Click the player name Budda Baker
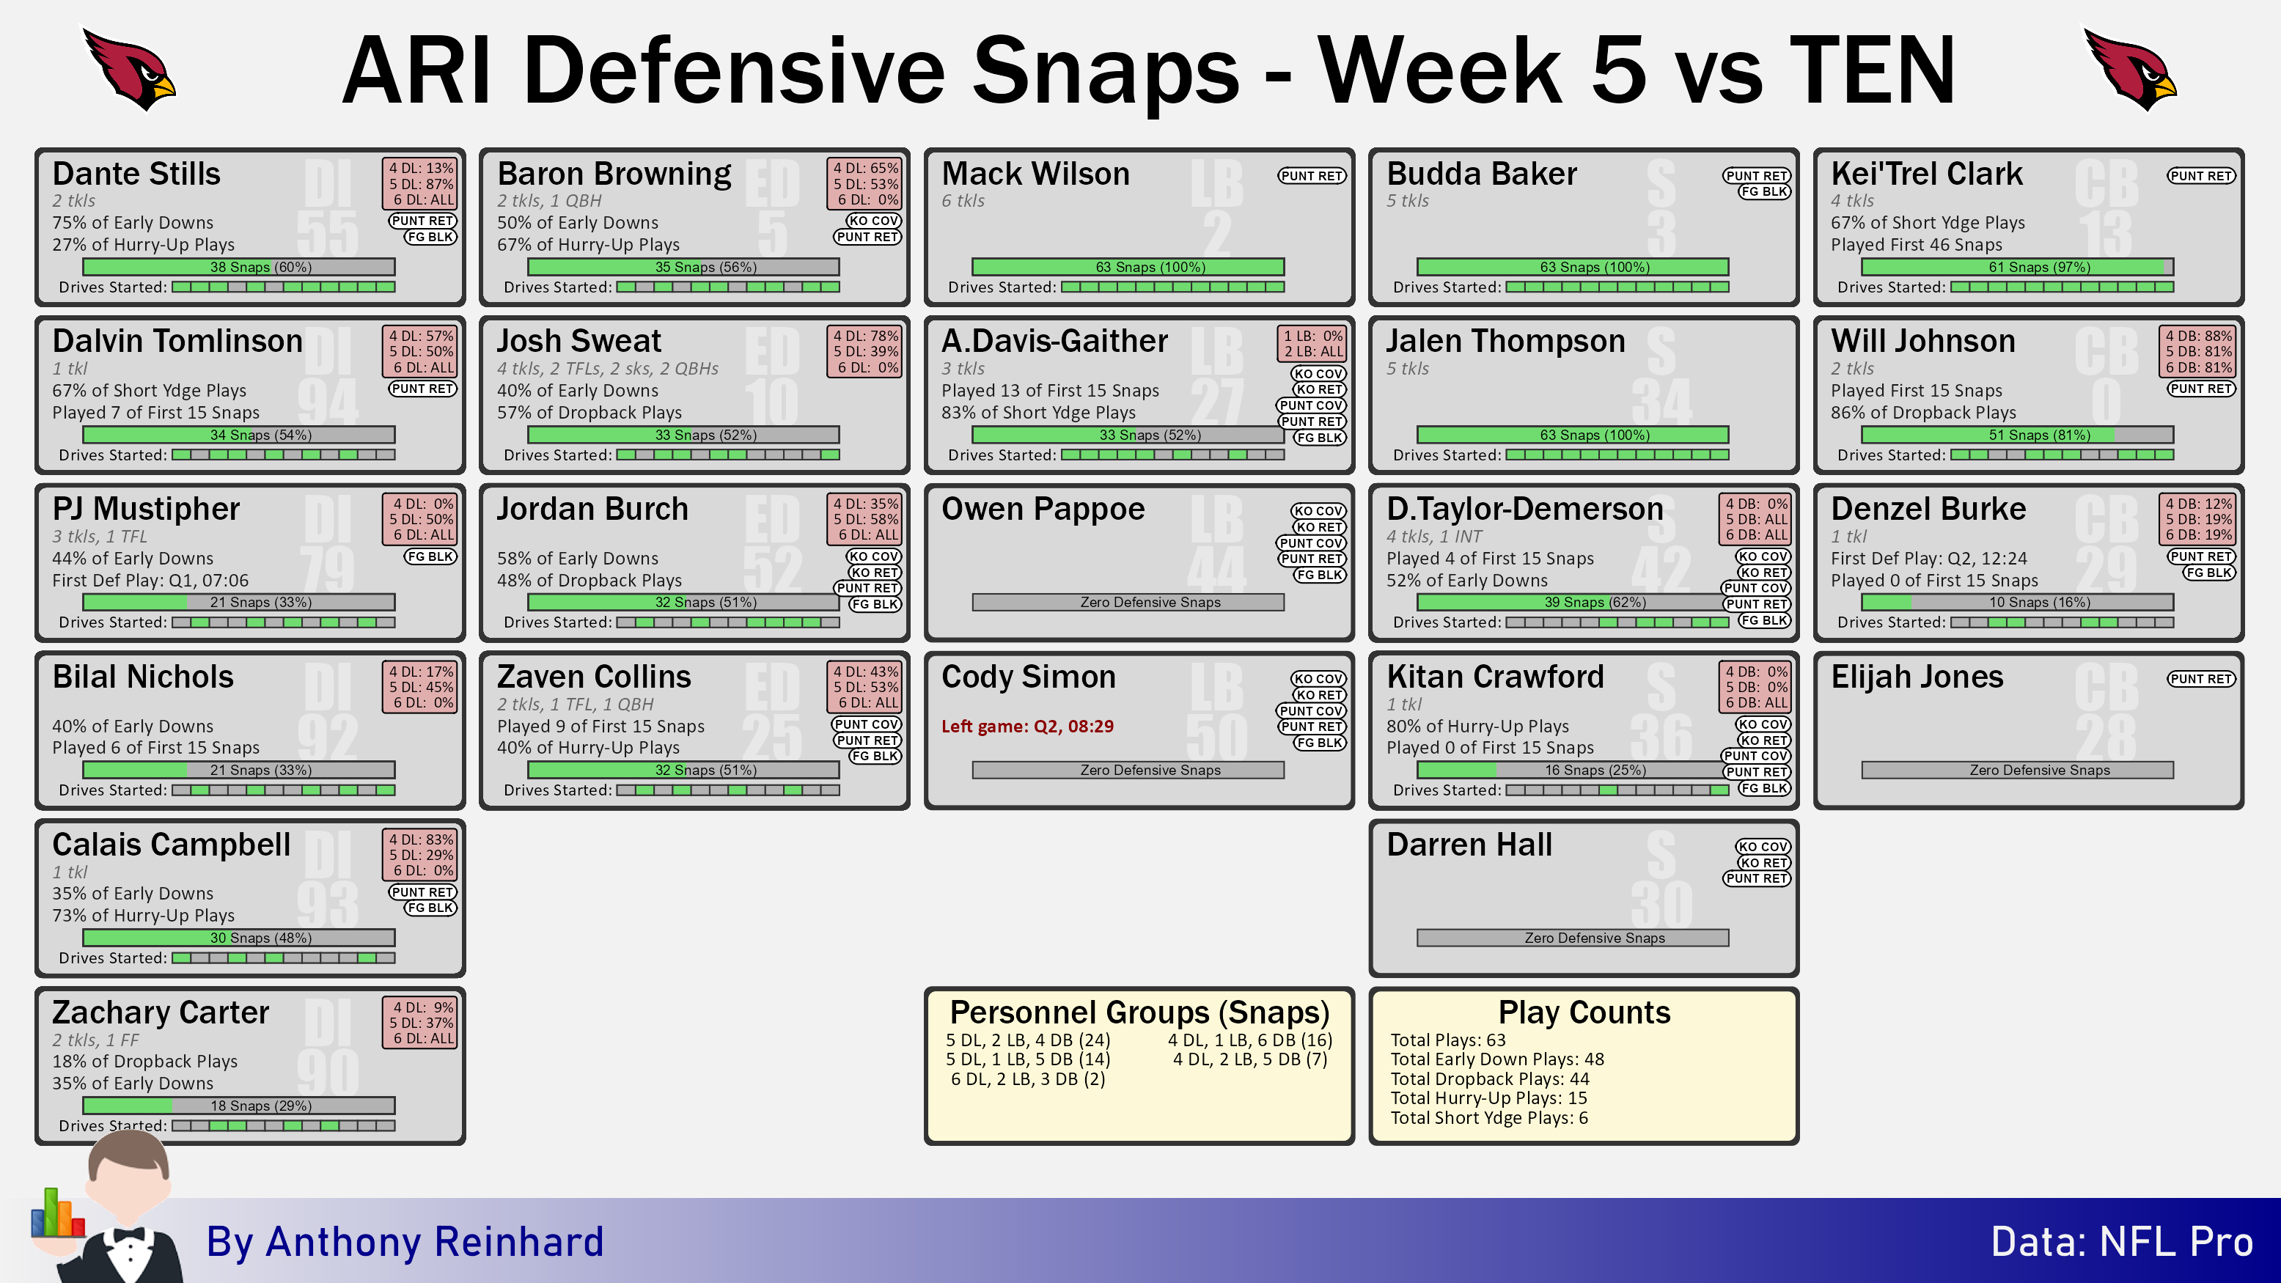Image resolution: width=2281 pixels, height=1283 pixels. pyautogui.click(x=1481, y=174)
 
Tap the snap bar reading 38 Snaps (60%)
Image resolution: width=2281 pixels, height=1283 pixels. pyautogui.click(x=239, y=267)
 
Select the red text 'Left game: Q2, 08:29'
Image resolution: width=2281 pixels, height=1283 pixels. pyautogui.click(x=1027, y=726)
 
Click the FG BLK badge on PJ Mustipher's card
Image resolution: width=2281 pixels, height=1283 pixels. pyautogui.click(x=430, y=556)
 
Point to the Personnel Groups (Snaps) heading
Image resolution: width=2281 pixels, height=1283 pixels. pyautogui.click(x=1139, y=1012)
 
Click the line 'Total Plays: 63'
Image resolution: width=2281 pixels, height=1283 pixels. pyautogui.click(x=1448, y=1040)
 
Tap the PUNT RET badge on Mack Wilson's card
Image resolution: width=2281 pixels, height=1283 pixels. pyautogui.click(x=1312, y=176)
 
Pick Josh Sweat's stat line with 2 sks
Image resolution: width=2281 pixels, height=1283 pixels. pyautogui.click(x=607, y=368)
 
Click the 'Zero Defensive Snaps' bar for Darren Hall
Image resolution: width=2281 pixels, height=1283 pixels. pyautogui.click(x=1573, y=938)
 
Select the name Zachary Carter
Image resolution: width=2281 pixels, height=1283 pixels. pyautogui.click(x=161, y=1012)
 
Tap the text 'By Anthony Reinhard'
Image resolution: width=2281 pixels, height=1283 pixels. pyautogui.click(x=405, y=1241)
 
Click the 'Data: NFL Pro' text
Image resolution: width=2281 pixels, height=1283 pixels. pyautogui.click(x=2122, y=1241)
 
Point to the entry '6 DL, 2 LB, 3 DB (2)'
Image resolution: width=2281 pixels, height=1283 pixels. pyautogui.click(x=1028, y=1078)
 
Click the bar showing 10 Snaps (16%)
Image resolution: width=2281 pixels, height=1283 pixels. pyautogui.click(x=2017, y=602)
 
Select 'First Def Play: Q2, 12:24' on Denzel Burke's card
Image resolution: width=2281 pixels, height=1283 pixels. pyautogui.click(x=1928, y=559)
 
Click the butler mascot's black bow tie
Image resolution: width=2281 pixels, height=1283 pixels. pyautogui.click(x=129, y=1235)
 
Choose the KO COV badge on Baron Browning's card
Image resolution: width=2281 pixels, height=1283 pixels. pyautogui.click(x=873, y=221)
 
